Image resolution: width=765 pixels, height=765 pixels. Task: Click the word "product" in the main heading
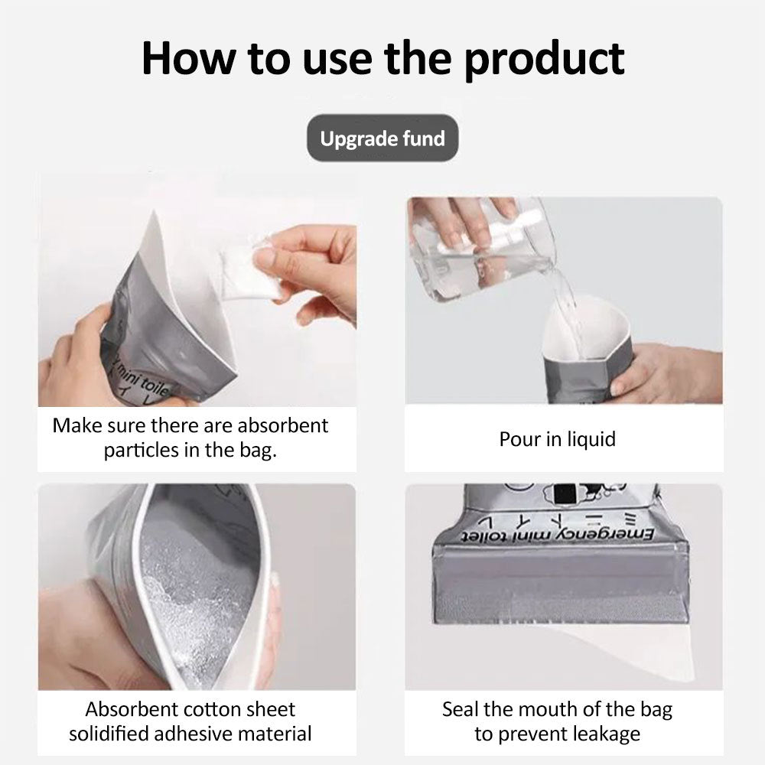[544, 59]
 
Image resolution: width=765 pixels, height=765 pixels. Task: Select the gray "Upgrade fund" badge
[382, 138]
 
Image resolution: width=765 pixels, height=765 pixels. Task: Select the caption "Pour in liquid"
[557, 440]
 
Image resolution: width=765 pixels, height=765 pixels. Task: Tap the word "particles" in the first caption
[142, 450]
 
